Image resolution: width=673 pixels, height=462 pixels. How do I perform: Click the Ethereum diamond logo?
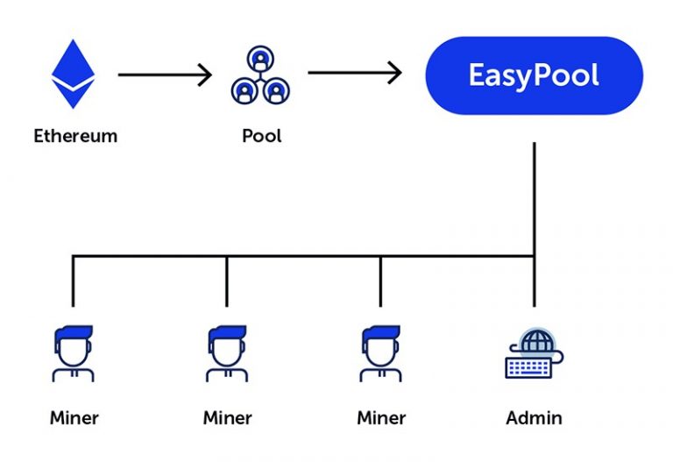click(x=73, y=74)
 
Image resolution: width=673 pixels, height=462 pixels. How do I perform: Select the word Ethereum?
click(x=75, y=136)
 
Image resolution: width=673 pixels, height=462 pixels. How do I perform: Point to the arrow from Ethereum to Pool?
click(x=165, y=75)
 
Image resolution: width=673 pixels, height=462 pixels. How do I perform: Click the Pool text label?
click(x=261, y=136)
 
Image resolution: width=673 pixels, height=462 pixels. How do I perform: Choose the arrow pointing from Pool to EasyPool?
click(x=354, y=73)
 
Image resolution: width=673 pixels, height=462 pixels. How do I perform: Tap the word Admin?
click(x=534, y=417)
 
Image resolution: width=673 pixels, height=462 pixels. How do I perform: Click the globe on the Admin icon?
click(x=533, y=341)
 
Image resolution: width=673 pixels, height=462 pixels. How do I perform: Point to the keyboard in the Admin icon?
click(x=528, y=366)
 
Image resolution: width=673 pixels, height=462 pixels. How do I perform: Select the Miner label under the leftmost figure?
click(x=74, y=417)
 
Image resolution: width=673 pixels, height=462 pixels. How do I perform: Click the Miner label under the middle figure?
click(x=227, y=417)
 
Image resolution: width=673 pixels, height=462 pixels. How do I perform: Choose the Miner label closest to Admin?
click(x=381, y=417)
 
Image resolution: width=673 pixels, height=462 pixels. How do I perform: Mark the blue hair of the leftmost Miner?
click(x=73, y=334)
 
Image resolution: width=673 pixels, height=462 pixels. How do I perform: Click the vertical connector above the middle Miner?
click(x=227, y=281)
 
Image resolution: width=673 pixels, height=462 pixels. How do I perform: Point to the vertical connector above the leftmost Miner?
click(x=73, y=281)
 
